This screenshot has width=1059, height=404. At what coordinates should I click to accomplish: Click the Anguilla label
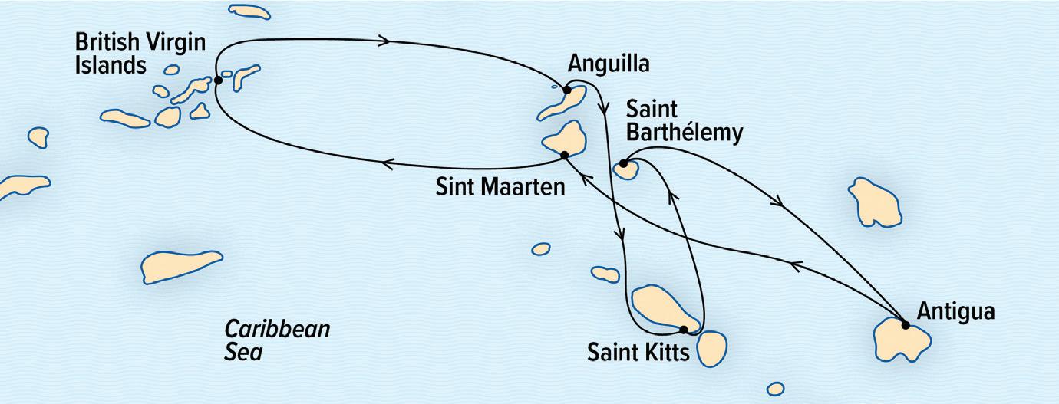pyautogui.click(x=608, y=65)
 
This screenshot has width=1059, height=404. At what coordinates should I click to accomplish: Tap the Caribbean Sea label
pyautogui.click(x=276, y=340)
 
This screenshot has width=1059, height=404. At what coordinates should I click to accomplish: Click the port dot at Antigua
pyautogui.click(x=906, y=325)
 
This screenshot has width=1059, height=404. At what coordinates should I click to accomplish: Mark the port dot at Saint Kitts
pyautogui.click(x=683, y=330)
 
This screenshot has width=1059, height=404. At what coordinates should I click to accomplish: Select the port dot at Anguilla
pyautogui.click(x=567, y=90)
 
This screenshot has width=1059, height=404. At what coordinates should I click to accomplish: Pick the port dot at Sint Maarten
pyautogui.click(x=565, y=155)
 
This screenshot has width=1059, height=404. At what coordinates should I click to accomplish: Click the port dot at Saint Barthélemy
pyautogui.click(x=623, y=163)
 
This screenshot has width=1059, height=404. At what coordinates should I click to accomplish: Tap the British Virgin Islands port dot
pyautogui.click(x=218, y=80)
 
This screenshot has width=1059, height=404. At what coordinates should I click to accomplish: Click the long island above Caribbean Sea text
pyautogui.click(x=181, y=266)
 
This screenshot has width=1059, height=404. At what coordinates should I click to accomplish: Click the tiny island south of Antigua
pyautogui.click(x=776, y=388)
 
